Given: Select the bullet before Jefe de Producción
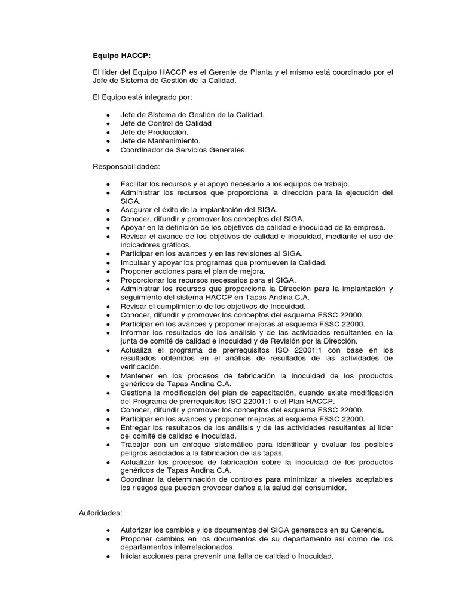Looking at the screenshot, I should point(108,132).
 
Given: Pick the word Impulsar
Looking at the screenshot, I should point(136,262).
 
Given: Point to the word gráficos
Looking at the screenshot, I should point(173,245).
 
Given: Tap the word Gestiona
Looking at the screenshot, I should point(137,393).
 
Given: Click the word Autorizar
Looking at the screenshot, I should point(137,530).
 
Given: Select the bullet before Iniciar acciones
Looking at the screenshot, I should point(108,556).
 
